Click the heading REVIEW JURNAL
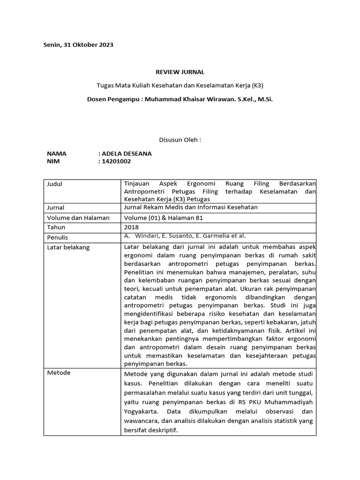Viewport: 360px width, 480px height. tap(180, 72)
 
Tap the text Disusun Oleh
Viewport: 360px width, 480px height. tap(180, 140)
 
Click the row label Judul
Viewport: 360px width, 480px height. tap(55, 184)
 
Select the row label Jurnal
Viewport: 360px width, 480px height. tap(56, 208)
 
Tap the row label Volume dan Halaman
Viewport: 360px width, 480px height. tap(78, 217)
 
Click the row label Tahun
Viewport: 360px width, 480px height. tap(56, 227)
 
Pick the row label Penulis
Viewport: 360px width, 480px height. tap(58, 237)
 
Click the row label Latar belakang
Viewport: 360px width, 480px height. tap(68, 247)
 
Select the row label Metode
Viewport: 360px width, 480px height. tap(59, 373)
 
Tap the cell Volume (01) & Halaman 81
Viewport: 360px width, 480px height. tap(163, 217)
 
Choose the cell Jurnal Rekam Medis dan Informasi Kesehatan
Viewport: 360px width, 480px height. tap(191, 207)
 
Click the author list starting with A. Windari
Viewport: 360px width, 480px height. tap(185, 236)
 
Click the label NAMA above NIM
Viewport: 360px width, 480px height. tap(57, 153)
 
